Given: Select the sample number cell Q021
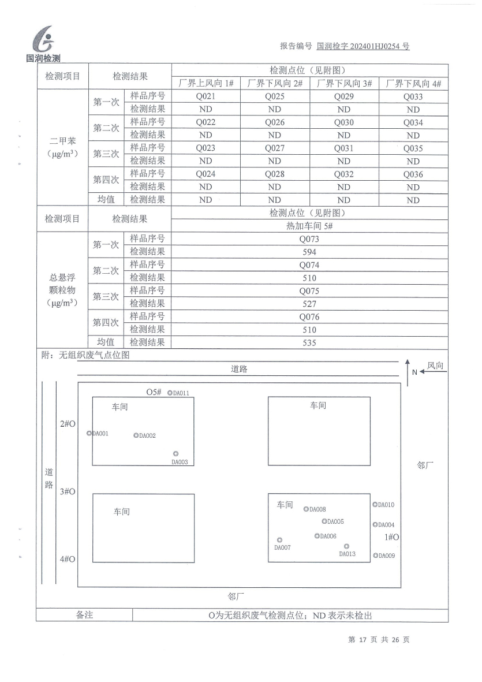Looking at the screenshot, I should pyautogui.click(x=205, y=97).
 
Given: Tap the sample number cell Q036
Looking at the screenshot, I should pyautogui.click(x=413, y=174).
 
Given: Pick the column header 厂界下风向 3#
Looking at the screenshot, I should pyautogui.click(x=343, y=84).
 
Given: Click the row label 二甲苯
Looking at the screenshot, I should pyautogui.click(x=62, y=141).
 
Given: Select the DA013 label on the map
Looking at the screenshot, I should pyautogui.click(x=347, y=554).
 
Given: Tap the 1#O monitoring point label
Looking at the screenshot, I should pyautogui.click(x=392, y=537).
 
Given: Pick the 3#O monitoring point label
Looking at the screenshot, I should pyautogui.click(x=67, y=491).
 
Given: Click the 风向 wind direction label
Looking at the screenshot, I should pyautogui.click(x=436, y=366).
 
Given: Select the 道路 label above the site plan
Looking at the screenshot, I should pyautogui.click(x=239, y=370).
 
